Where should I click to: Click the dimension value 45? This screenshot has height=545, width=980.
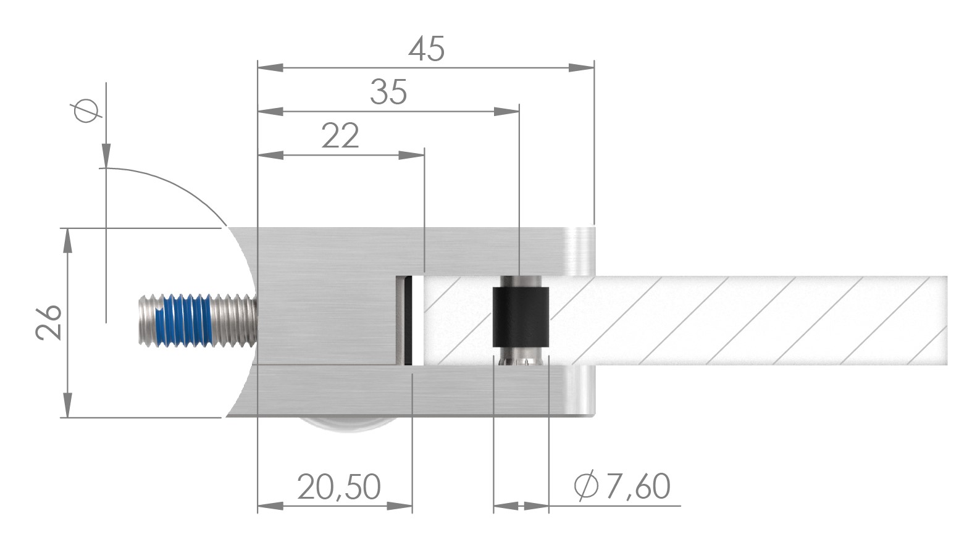[x=426, y=49]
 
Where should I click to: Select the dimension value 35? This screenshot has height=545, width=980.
[x=388, y=92]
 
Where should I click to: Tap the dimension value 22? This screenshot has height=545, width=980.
[x=340, y=136]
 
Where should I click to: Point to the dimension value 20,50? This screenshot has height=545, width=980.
[x=338, y=487]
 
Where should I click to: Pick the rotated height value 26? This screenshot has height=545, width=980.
[x=49, y=322]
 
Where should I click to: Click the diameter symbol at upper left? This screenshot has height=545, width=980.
[x=86, y=111]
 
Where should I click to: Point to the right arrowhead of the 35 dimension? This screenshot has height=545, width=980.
[x=506, y=112]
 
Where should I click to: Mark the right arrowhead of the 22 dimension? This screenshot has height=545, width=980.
[x=412, y=156]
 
